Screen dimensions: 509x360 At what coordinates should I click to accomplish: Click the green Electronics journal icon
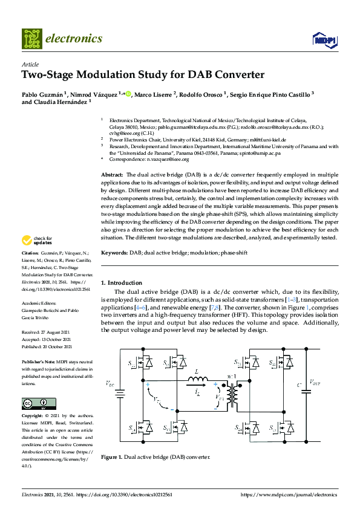click(31, 39)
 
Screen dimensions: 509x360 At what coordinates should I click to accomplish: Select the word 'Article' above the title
click(30, 64)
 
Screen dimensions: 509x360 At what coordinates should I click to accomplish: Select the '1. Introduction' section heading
click(122, 283)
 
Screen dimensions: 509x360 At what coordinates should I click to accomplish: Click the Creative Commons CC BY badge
click(39, 404)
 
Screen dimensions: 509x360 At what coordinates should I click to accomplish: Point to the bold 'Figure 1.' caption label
click(112, 457)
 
